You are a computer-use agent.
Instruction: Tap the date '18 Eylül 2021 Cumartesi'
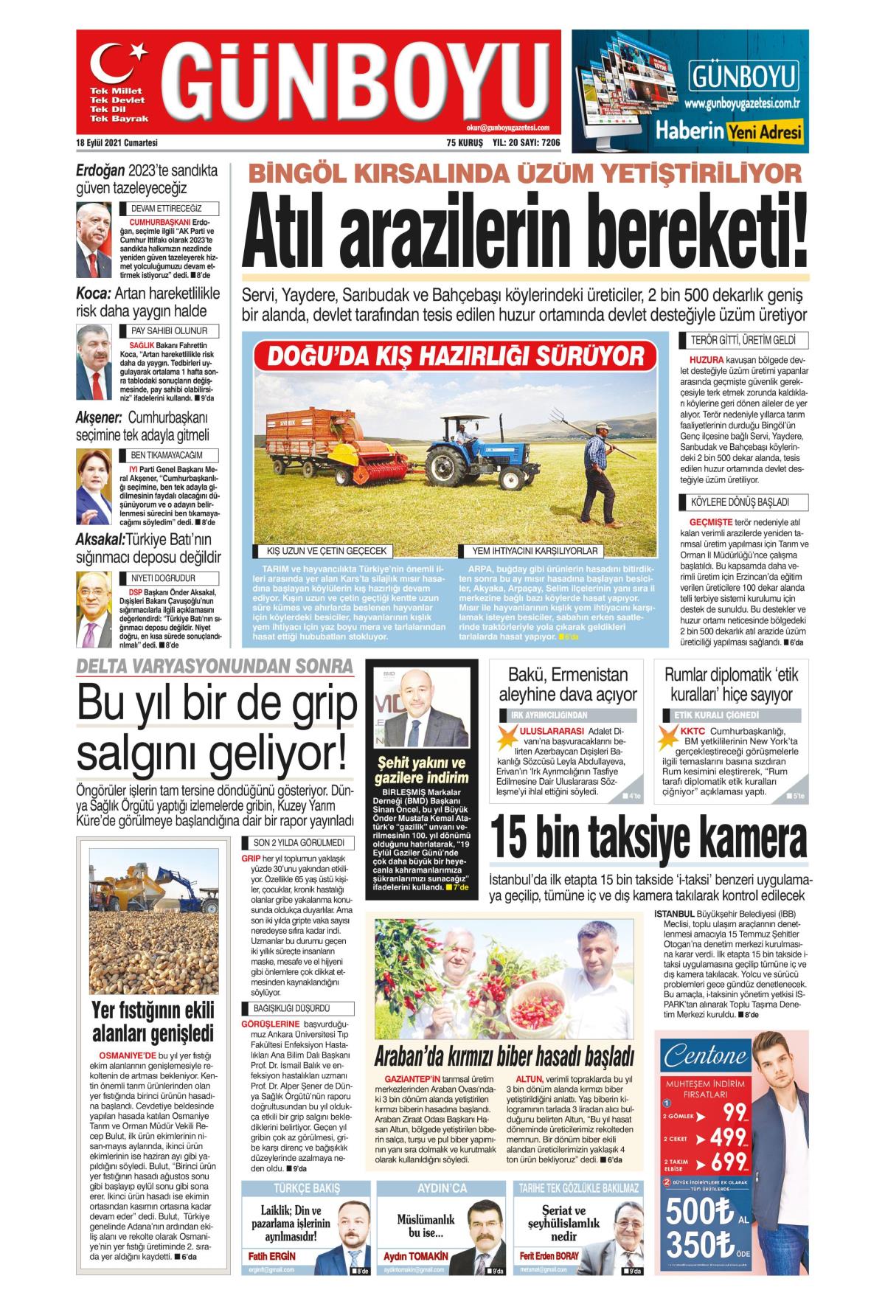click(117, 143)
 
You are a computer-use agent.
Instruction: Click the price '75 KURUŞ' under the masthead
click(464, 143)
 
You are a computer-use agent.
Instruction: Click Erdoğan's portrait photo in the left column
click(94, 237)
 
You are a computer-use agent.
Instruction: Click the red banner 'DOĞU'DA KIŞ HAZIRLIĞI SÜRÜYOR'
click(455, 356)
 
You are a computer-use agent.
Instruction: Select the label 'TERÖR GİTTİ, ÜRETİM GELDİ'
click(732, 341)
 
